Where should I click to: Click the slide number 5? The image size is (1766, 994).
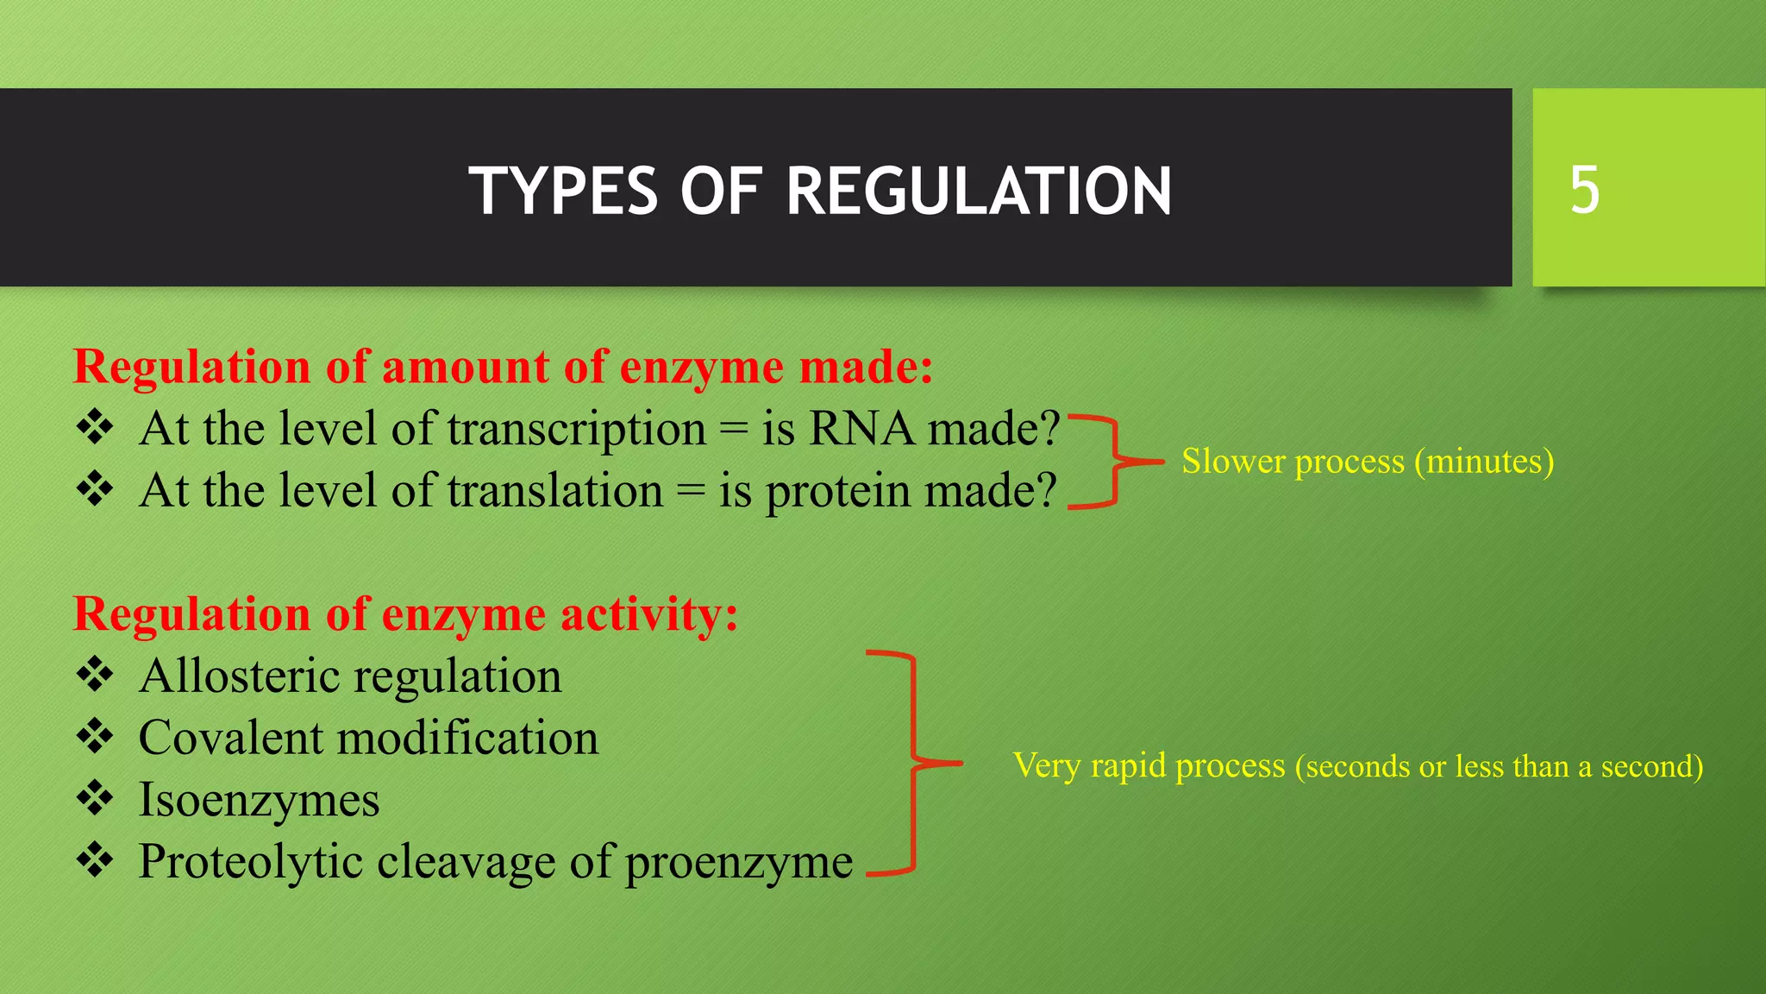coord(1584,190)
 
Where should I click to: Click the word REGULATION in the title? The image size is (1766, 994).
coord(979,191)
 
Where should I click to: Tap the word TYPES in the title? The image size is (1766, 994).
coord(563,191)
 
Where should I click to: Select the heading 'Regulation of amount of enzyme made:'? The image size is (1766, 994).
coord(503,367)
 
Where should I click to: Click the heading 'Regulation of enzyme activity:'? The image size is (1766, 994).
coord(405,614)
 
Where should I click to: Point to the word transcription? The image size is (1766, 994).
coord(576,429)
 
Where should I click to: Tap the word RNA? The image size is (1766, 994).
coord(861,429)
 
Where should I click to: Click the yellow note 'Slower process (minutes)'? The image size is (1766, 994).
coord(1367,462)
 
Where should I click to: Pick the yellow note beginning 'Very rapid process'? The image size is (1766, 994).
coord(1357,765)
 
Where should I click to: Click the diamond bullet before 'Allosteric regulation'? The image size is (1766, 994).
coord(95,675)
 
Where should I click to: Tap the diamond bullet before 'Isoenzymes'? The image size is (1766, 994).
coord(95,799)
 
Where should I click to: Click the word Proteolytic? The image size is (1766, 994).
coord(251,862)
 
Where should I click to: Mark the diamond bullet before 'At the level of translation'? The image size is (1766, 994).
coord(95,490)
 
